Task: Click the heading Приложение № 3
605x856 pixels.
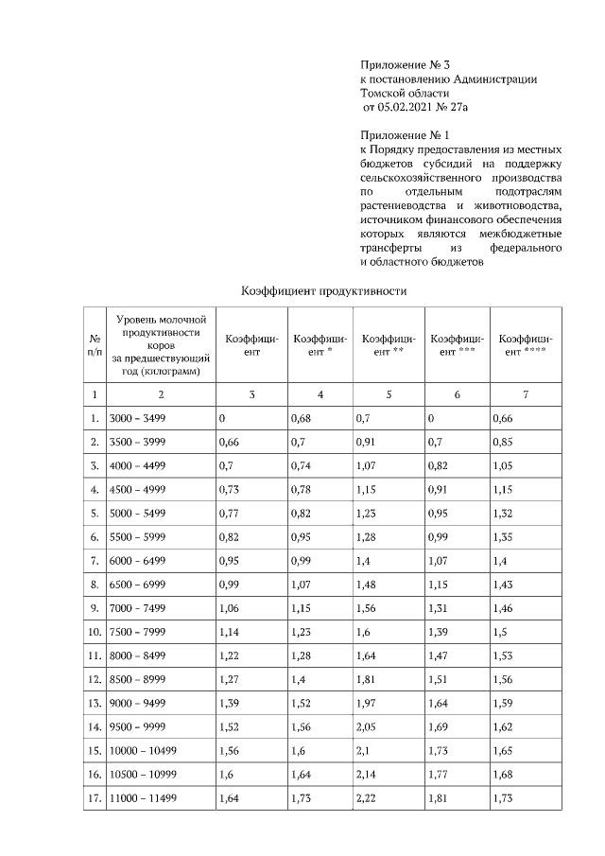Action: point(401,63)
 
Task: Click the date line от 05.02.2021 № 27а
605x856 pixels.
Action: point(415,109)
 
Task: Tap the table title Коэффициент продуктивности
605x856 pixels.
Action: point(323,291)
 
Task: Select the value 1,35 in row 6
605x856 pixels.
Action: point(506,536)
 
